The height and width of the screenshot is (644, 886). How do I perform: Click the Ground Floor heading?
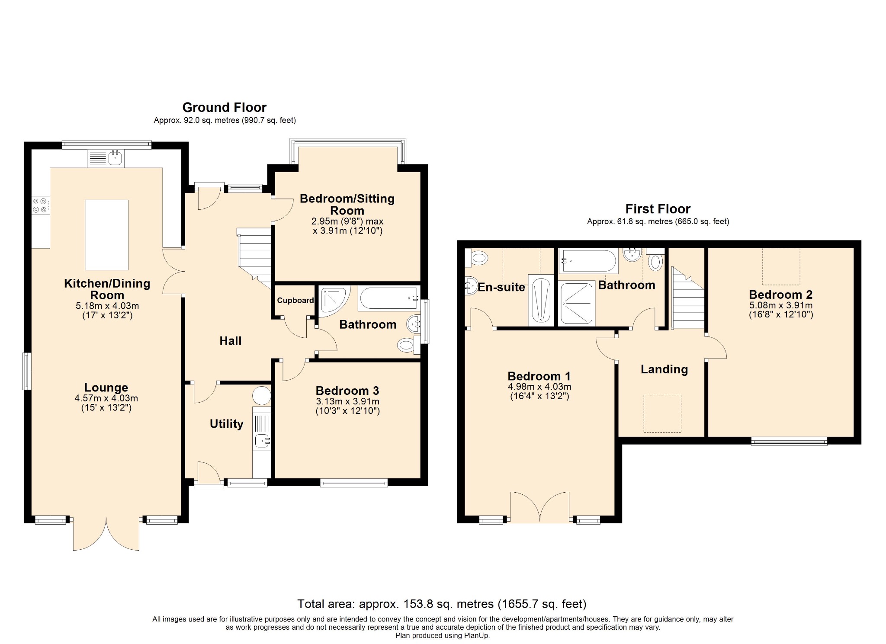click(x=224, y=107)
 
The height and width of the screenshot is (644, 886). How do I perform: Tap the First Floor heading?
click(x=658, y=209)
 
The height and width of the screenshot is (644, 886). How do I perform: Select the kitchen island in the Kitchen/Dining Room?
click(x=106, y=235)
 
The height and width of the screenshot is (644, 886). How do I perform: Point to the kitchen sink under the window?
click(x=106, y=158)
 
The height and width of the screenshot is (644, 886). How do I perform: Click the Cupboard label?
click(x=295, y=301)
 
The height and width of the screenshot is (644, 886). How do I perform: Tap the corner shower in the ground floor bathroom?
click(x=334, y=298)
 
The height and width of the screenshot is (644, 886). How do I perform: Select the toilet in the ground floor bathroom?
click(x=408, y=345)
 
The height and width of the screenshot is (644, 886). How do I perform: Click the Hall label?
click(x=230, y=341)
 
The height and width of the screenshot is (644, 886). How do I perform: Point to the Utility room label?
click(x=226, y=424)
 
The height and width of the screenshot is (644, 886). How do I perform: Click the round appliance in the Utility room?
click(x=262, y=396)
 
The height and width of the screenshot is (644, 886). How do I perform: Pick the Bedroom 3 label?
click(x=347, y=391)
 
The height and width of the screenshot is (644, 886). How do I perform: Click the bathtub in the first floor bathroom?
click(x=588, y=261)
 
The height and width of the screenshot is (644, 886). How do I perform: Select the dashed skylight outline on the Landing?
click(x=662, y=413)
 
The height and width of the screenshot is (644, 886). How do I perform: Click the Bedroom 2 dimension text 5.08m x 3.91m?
click(x=781, y=305)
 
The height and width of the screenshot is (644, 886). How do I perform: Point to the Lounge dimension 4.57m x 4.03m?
click(x=106, y=398)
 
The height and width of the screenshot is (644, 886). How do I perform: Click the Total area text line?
click(x=442, y=604)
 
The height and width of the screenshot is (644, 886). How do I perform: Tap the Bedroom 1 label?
click(x=539, y=376)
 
